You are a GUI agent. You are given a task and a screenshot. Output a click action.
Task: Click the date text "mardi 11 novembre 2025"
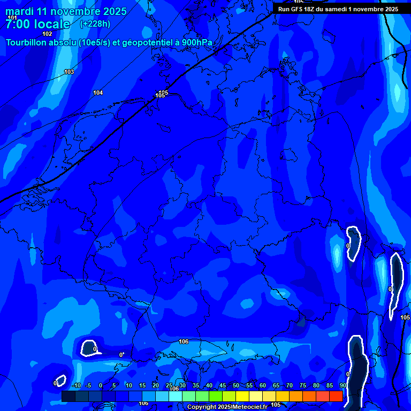click(66, 11)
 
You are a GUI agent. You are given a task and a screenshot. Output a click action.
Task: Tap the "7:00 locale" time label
click(37, 24)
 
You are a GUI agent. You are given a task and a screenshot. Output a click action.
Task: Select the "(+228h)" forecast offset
click(95, 24)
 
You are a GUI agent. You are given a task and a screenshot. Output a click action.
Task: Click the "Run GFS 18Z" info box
click(338, 9)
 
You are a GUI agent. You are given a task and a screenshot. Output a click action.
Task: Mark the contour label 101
click(12, 18)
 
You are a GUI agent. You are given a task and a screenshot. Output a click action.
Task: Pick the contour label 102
click(47, 34)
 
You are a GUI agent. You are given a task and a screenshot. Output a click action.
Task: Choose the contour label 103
click(69, 72)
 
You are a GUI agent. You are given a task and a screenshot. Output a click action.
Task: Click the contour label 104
click(98, 93)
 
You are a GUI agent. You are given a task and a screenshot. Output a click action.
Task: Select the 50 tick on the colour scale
click(236, 386)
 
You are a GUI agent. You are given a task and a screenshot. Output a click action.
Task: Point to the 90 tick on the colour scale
click(343, 386)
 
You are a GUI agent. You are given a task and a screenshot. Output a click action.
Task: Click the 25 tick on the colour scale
click(169, 386)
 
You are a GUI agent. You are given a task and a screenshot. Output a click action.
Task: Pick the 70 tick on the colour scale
click(290, 386)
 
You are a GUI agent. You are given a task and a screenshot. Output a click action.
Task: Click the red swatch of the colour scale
click(336, 396)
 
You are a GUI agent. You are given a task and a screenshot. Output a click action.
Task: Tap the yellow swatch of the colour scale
click(242, 396)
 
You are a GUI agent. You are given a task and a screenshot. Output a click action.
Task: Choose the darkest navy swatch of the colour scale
click(68, 396)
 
